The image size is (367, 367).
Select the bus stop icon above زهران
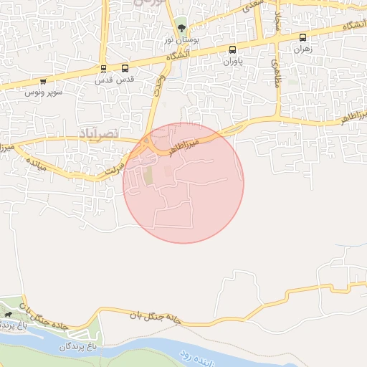[302, 37]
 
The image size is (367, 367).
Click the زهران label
[302, 49]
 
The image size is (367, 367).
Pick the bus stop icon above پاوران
[232, 49]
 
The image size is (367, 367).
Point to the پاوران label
[232, 62]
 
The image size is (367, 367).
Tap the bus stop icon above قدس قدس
[105, 69]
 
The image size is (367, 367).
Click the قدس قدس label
[105, 81]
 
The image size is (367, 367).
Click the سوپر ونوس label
[44, 93]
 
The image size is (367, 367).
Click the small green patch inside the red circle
[148, 175]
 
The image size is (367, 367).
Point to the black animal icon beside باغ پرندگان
[8, 314]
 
